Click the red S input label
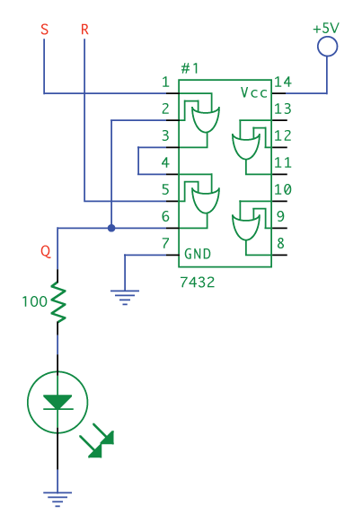[44, 29]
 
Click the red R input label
[84, 30]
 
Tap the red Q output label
[46, 251]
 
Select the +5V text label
[326, 28]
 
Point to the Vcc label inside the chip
[254, 92]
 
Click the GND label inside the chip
[198, 254]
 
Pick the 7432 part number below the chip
[197, 282]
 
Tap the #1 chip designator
[190, 68]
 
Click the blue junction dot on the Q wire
[111, 228]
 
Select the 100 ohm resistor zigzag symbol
[58, 302]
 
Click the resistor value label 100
[34, 301]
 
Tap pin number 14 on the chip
[283, 82]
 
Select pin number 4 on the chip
[165, 162]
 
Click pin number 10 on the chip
[283, 189]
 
